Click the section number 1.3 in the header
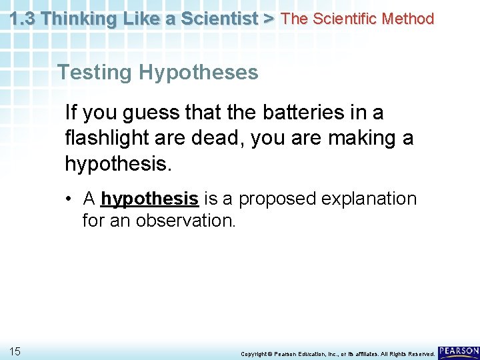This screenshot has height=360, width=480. pyautogui.click(x=23, y=19)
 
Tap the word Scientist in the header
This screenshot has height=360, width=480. pyautogui.click(x=221, y=19)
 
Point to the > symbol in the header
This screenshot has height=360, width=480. pyautogui.click(x=269, y=19)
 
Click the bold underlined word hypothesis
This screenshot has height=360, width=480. pyautogui.click(x=149, y=199)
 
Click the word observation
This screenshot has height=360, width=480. pyautogui.click(x=185, y=220)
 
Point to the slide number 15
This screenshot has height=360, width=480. pyautogui.click(x=15, y=351)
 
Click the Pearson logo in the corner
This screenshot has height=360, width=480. pyautogui.click(x=459, y=351)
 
